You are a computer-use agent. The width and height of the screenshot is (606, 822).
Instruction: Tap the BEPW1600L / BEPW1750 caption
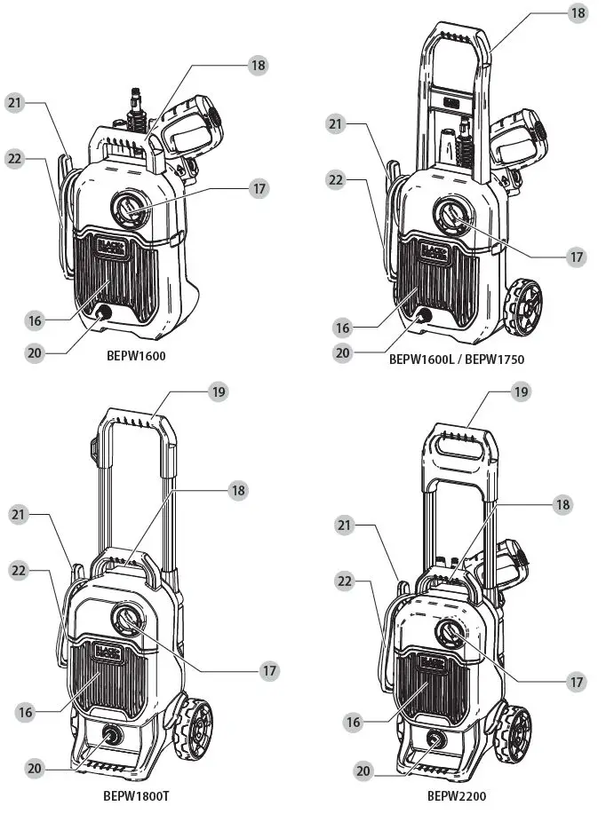click(x=456, y=360)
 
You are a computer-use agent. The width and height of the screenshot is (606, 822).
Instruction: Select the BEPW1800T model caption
click(x=136, y=795)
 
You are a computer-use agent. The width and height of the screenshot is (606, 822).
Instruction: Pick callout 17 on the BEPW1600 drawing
click(x=259, y=189)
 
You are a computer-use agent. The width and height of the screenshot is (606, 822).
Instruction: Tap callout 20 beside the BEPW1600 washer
click(x=35, y=352)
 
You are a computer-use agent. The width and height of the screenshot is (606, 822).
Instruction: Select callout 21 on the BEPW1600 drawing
click(x=15, y=103)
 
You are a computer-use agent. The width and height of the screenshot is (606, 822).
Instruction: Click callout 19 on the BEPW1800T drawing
click(x=219, y=391)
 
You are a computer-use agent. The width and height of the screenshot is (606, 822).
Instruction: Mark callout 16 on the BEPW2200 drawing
click(x=354, y=723)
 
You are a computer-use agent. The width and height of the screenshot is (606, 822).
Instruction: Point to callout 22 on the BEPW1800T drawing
click(x=20, y=571)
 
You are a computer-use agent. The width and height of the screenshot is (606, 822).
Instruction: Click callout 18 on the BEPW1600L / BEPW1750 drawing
click(x=578, y=13)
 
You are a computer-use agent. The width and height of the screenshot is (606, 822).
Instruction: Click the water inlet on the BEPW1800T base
click(x=113, y=735)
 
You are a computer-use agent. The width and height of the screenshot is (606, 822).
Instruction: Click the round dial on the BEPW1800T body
click(x=126, y=620)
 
